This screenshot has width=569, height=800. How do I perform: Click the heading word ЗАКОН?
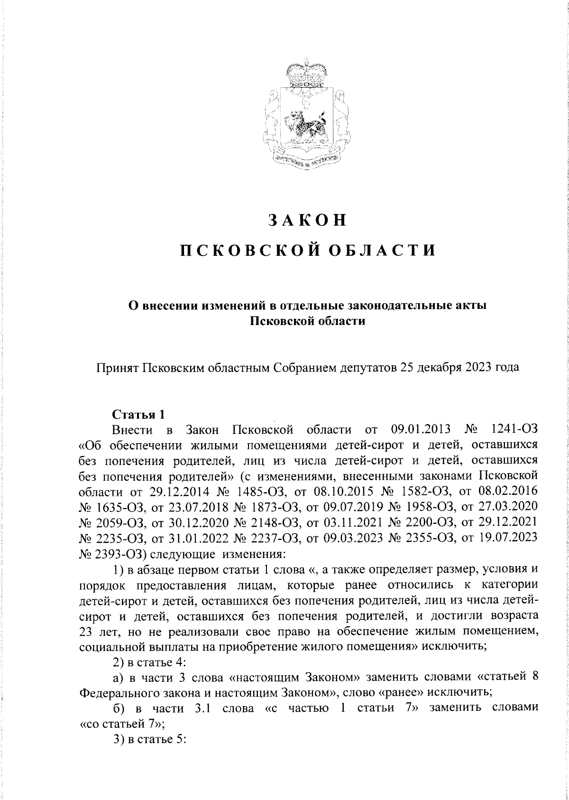[x=308, y=221]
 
